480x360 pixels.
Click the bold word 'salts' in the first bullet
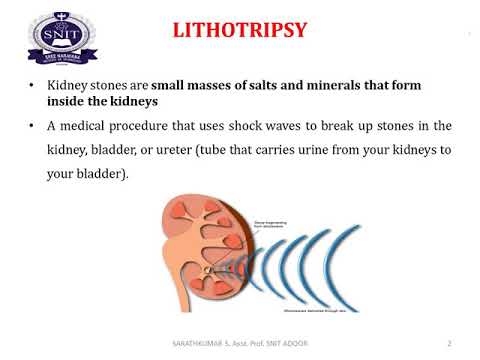[289, 86]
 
